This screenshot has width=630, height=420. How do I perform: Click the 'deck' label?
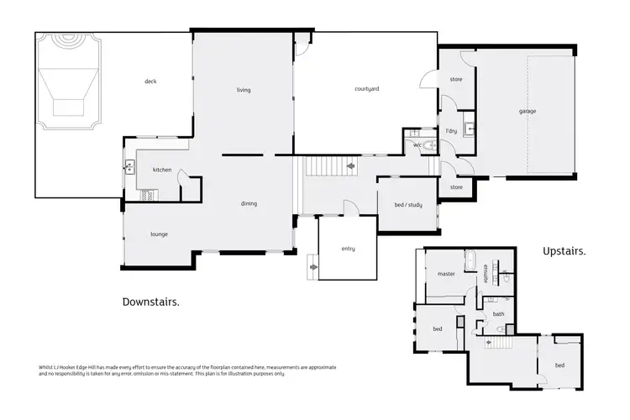point(150,81)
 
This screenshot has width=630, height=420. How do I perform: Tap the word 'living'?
point(244,90)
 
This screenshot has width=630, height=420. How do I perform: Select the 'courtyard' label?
point(367,88)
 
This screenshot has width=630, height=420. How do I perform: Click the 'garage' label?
point(527,111)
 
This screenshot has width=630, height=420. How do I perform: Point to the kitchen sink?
point(129,166)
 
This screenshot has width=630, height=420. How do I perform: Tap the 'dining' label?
point(249,203)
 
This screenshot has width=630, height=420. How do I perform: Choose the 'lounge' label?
point(160,234)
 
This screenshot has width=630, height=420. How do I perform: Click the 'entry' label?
point(348,249)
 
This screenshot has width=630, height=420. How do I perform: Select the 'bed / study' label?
point(408,205)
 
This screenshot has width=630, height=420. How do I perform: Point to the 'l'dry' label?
point(451,131)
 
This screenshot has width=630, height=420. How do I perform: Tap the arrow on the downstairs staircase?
point(349,166)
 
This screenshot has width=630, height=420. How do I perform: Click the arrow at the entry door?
point(313,268)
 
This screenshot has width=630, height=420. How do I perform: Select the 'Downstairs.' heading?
point(150,302)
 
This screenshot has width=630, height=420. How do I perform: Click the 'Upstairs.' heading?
point(564,250)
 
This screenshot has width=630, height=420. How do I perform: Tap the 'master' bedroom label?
point(446,274)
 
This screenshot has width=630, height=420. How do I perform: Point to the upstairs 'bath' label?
point(498,314)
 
